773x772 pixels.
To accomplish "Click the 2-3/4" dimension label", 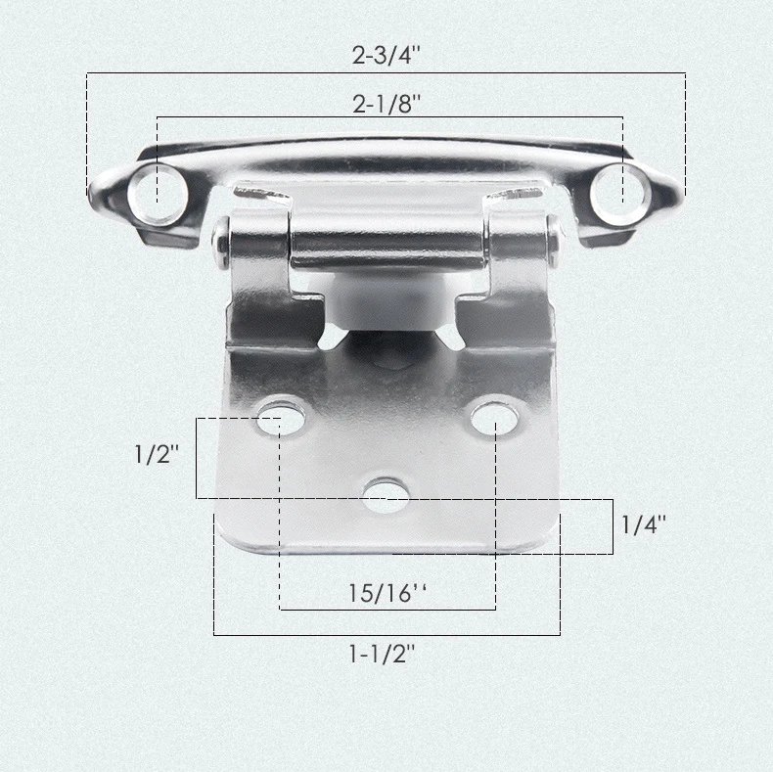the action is point(386,55).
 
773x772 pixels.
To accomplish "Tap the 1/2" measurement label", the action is point(157,454).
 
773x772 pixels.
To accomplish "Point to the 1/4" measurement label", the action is point(643,524).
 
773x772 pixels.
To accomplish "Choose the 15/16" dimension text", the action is point(387,593).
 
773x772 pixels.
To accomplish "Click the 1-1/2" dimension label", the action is point(382,654).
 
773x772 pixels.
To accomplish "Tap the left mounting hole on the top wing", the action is point(159,196).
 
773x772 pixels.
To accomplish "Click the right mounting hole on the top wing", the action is point(620,196).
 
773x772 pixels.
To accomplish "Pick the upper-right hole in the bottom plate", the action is point(494,417).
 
